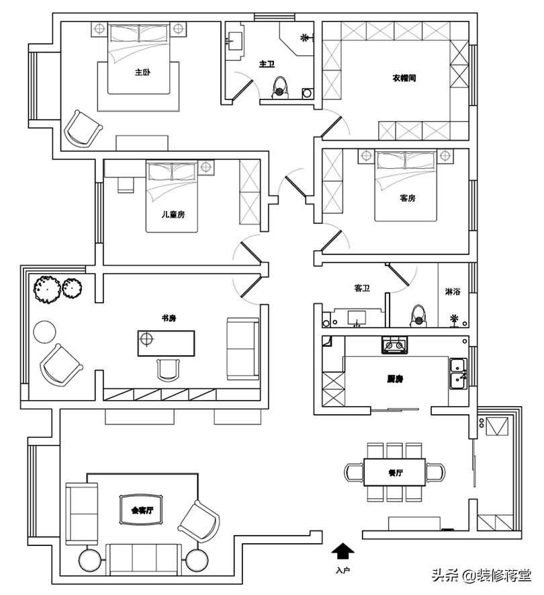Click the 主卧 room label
pos(141,72)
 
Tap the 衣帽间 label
pos(404,78)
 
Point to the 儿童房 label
pos(173,214)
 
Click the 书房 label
pos(169,318)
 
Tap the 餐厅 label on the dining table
pos(395,472)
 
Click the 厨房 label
pos(395,379)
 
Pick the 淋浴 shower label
pos(453,292)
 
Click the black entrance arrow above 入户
pos(343,552)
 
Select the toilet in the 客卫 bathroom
pos(419,315)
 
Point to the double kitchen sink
pos(459,373)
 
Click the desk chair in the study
pos(169,369)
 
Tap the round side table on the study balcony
pos(46,331)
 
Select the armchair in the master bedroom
pos(82,128)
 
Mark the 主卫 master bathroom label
pos(267,65)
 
